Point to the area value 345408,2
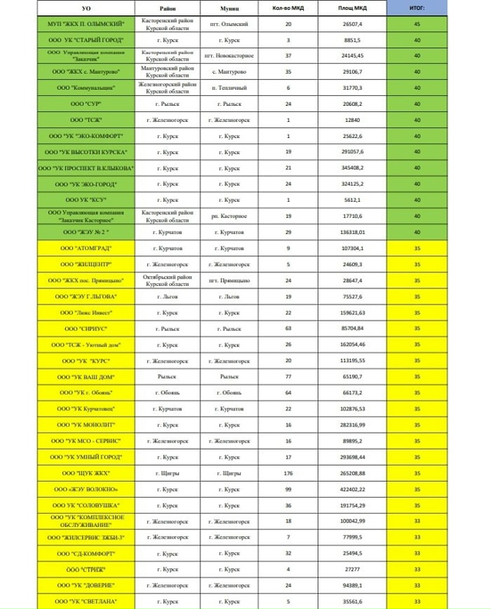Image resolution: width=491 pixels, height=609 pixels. (351, 168)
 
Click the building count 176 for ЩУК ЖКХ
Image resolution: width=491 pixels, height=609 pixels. (288, 473)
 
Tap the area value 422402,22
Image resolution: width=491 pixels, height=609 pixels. (351, 489)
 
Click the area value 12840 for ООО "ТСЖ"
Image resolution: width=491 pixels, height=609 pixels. (351, 120)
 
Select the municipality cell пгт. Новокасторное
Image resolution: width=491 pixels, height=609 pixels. (230, 56)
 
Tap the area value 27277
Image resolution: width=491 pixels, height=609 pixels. (351, 570)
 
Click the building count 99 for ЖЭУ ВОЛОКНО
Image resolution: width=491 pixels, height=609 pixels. (288, 489)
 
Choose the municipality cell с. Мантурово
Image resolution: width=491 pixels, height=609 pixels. (230, 72)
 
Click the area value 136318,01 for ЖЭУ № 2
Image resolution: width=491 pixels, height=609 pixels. (351, 232)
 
